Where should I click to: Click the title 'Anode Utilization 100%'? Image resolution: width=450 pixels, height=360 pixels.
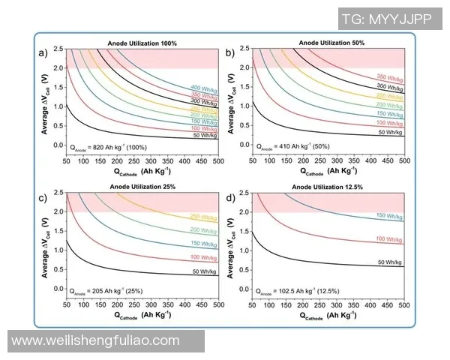[143, 44]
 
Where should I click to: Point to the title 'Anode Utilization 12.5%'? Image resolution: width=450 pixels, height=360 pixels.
[328, 187]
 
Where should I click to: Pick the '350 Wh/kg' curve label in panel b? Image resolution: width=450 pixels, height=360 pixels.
[389, 78]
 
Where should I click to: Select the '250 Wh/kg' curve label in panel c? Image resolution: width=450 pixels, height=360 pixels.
[204, 217]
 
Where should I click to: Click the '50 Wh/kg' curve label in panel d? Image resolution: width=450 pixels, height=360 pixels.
[389, 262]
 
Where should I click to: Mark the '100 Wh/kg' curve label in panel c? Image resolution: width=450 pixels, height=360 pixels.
[204, 258]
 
